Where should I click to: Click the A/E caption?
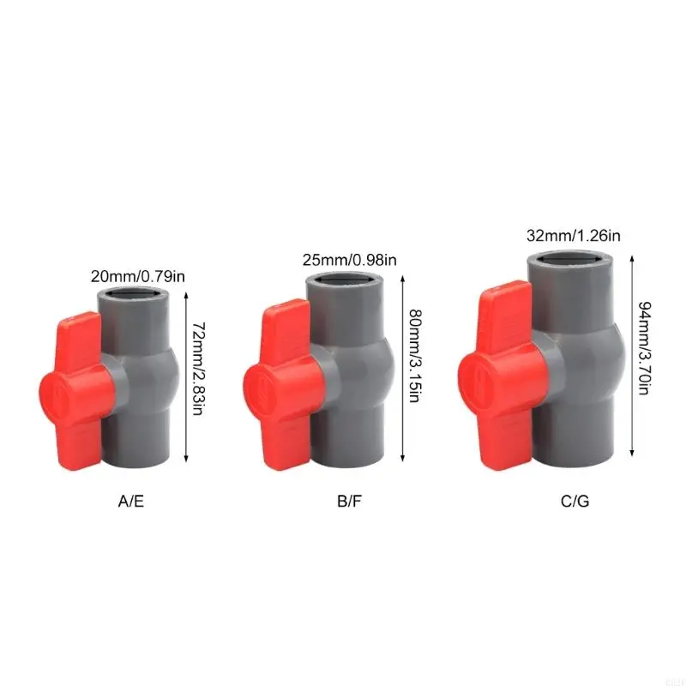(x=130, y=500)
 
